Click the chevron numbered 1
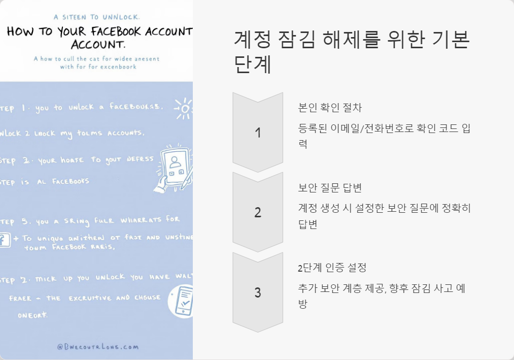[258, 133]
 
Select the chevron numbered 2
[258, 212]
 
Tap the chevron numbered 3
[258, 292]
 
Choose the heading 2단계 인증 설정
[332, 268]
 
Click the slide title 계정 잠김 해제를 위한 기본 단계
[352, 52]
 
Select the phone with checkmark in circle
[181, 301]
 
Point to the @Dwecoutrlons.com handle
[97, 347]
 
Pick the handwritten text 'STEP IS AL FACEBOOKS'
[45, 181]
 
